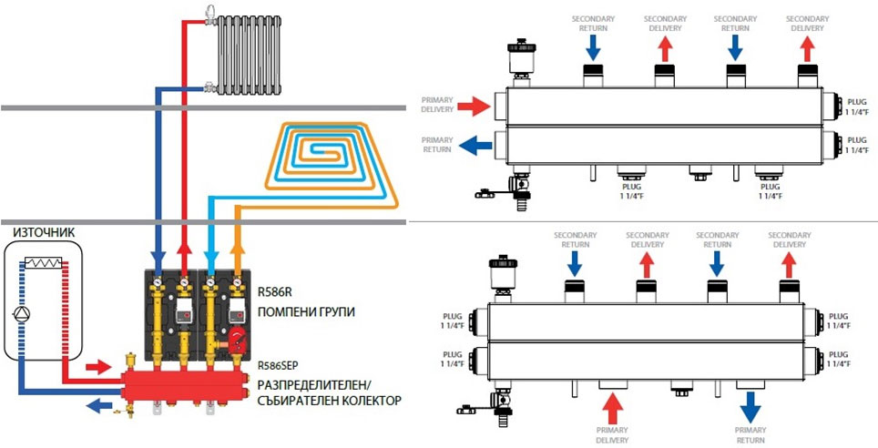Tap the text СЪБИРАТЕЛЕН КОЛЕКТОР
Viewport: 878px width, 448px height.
click(330, 400)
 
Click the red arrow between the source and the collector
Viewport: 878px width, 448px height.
click(96, 367)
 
